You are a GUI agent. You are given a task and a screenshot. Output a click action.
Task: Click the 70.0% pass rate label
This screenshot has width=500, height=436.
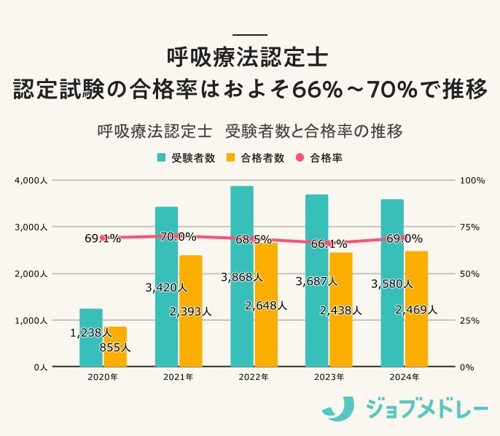(179, 236)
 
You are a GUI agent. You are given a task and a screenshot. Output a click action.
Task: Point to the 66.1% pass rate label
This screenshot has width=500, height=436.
(329, 244)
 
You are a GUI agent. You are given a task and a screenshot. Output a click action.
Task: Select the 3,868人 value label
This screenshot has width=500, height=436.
(242, 277)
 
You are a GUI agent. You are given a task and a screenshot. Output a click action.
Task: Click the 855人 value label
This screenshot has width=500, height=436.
(115, 348)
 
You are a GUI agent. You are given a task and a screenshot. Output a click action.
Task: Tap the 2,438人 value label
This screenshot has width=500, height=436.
(340, 310)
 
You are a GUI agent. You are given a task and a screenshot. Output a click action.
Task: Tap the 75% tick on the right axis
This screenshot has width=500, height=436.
(470, 227)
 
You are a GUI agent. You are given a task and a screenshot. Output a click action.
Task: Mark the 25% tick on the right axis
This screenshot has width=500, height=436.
(470, 320)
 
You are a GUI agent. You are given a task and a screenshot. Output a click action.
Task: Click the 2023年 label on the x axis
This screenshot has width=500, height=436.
(329, 378)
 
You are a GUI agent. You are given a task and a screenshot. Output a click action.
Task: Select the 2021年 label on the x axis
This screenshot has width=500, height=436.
(178, 378)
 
